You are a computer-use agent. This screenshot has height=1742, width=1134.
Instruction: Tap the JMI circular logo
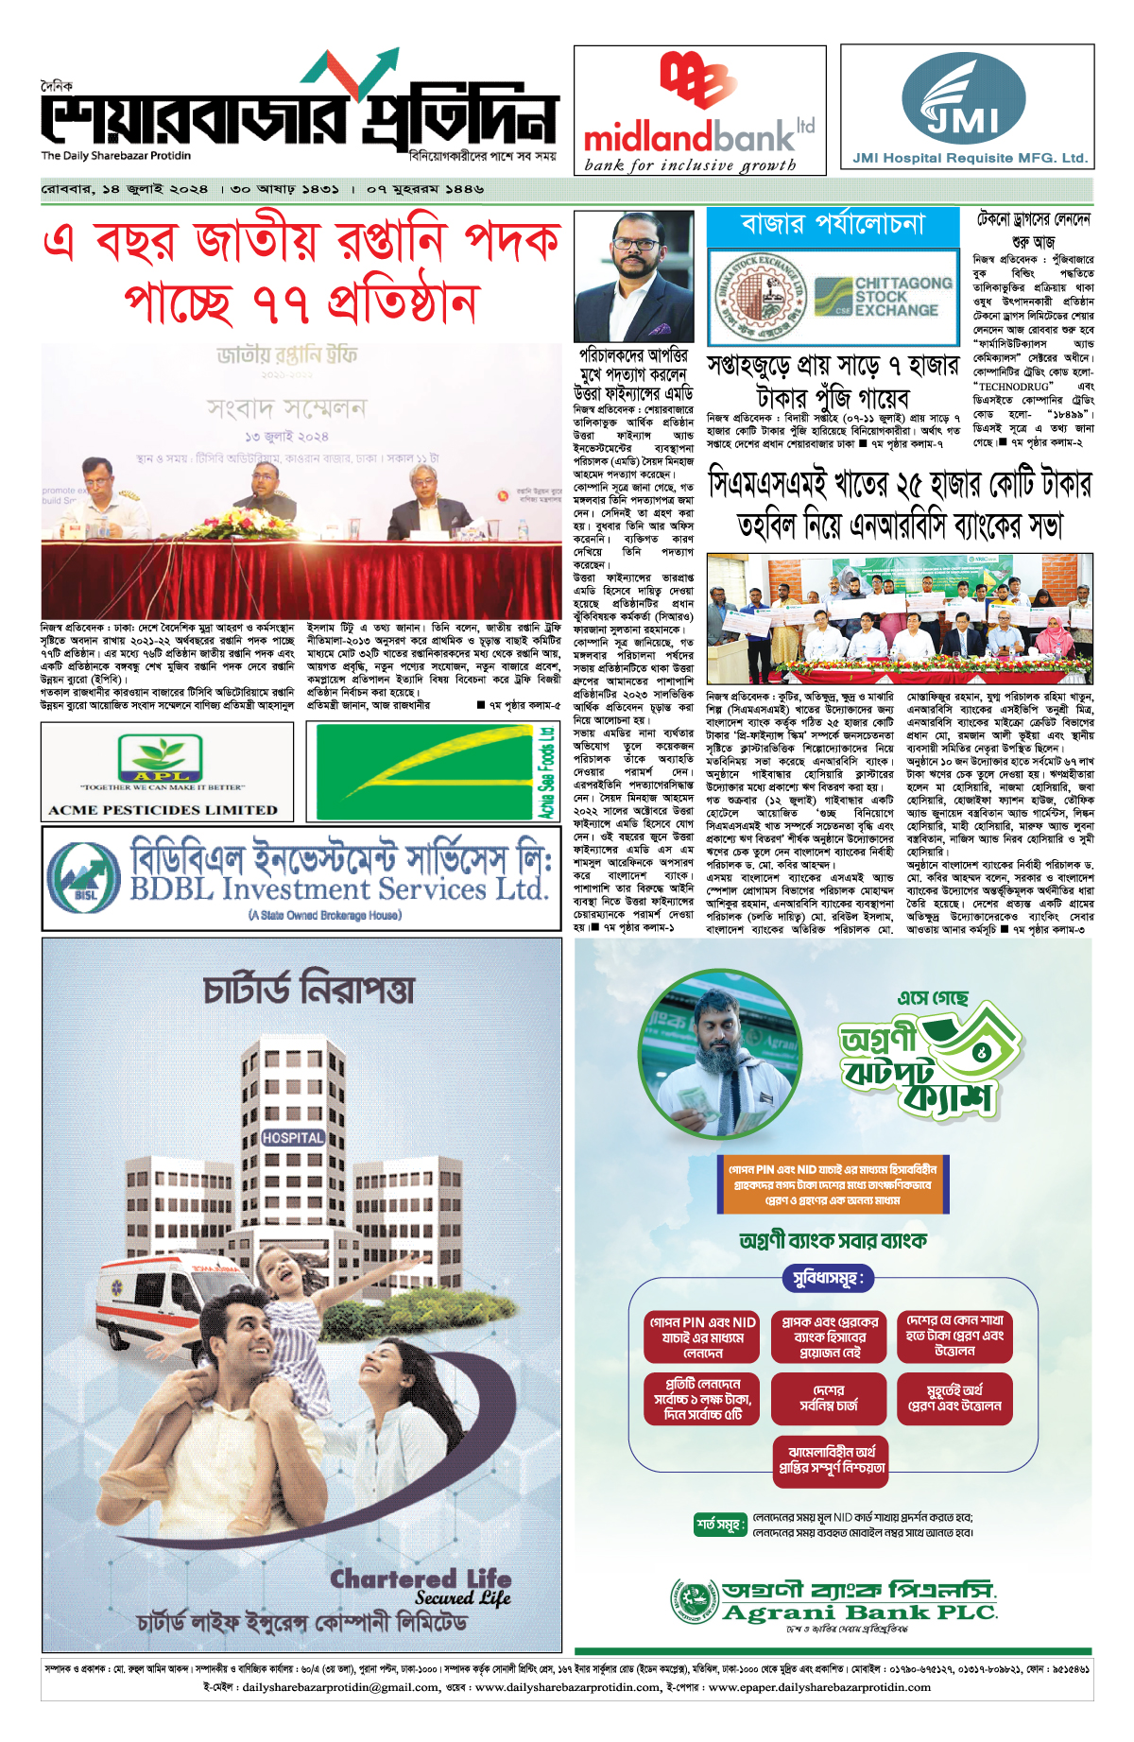pyautogui.click(x=963, y=98)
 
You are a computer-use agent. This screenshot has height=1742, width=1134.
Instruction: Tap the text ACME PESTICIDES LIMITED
pyautogui.click(x=163, y=810)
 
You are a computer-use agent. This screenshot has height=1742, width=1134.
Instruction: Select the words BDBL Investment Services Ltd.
pyautogui.click(x=338, y=889)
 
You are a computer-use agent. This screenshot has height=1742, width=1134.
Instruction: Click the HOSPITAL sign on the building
pyautogui.click(x=293, y=1137)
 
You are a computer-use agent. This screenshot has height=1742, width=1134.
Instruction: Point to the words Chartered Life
pyautogui.click(x=421, y=1579)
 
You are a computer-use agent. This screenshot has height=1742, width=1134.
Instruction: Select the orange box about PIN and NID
pyautogui.click(x=833, y=1184)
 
